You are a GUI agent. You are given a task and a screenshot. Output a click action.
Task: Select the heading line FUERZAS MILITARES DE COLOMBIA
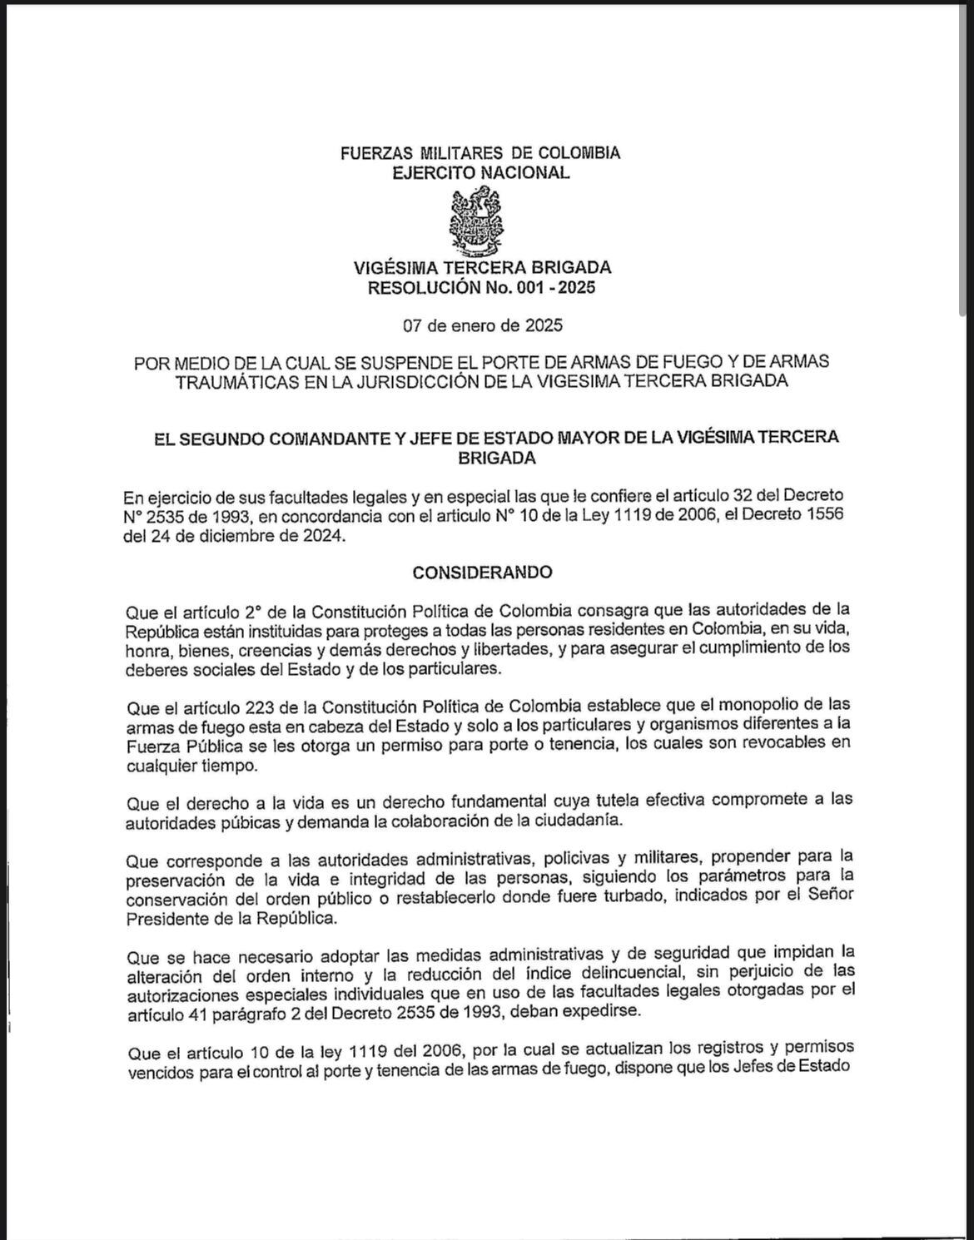pyautogui.click(x=480, y=153)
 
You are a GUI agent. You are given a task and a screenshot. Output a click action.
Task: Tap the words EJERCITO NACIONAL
pyautogui.click(x=481, y=173)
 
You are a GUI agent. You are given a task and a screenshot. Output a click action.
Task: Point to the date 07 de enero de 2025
pyautogui.click(x=483, y=325)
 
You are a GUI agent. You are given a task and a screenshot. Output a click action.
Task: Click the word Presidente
pyautogui.click(x=167, y=918)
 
